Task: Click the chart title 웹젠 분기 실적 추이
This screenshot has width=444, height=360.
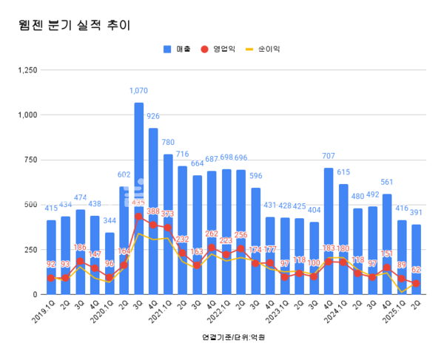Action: pyautogui.click(x=74, y=26)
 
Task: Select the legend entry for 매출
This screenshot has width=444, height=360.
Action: pyautogui.click(x=177, y=50)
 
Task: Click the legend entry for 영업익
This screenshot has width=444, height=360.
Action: pyautogui.click(x=219, y=50)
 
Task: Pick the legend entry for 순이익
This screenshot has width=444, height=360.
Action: pyautogui.click(x=263, y=50)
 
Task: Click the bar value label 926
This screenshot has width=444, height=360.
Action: pyautogui.click(x=154, y=116)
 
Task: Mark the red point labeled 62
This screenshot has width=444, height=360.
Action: pyautogui.click(x=416, y=284)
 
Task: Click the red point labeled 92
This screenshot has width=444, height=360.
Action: pyautogui.click(x=51, y=278)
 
